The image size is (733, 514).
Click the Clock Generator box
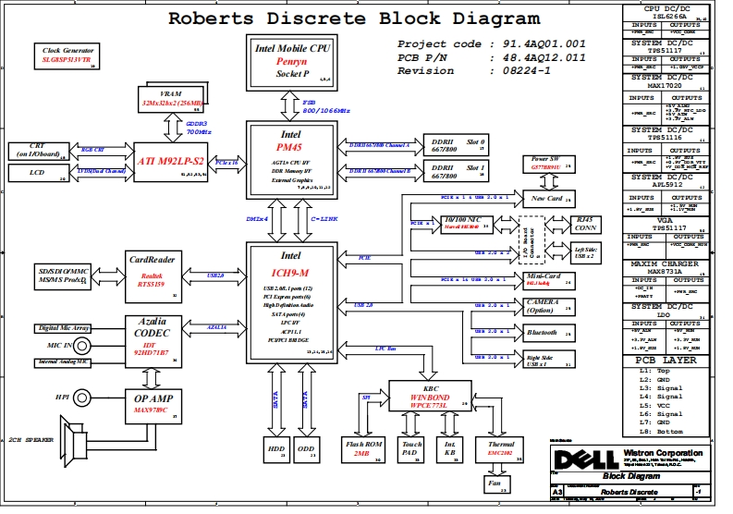[x=67, y=55]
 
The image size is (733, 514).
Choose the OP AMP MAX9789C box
[x=149, y=404]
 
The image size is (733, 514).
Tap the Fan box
[x=495, y=483]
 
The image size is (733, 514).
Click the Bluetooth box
[x=543, y=333]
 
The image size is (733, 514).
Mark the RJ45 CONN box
[x=586, y=224]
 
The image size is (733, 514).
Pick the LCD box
[x=38, y=174]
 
